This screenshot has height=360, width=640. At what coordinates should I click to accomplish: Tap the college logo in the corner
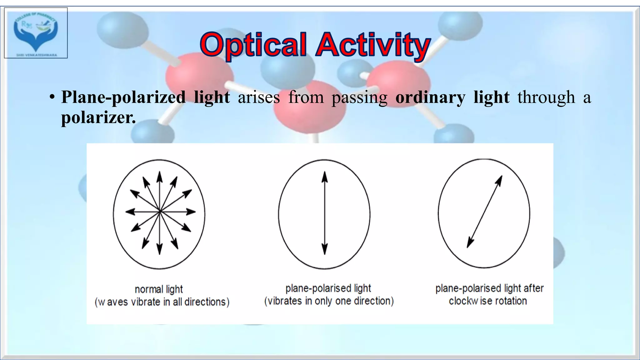36,33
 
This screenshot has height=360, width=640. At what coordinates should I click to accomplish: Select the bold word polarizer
98,118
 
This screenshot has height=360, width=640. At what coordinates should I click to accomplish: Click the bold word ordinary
430,97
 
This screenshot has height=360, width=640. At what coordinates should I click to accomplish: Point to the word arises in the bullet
259,97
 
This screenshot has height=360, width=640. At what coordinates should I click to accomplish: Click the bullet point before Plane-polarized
52,98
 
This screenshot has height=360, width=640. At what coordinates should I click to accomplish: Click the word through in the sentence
546,97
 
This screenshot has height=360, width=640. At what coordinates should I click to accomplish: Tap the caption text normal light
159,289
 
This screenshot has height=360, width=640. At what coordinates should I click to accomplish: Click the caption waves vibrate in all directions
162,302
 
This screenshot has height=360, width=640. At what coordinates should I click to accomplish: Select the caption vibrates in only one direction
329,301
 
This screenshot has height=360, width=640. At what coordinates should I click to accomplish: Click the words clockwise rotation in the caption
488,301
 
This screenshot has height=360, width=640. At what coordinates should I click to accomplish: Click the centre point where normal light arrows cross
160,212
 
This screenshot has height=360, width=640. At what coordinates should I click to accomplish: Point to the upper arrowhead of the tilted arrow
499,180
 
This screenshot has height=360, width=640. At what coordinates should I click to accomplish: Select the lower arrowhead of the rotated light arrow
470,243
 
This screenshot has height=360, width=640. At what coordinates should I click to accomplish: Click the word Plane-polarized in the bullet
123,97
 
